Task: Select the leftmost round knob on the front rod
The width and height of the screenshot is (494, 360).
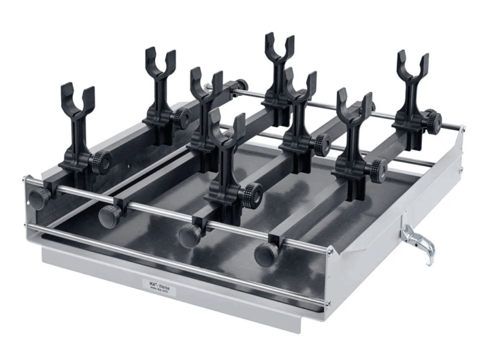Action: tap(39, 199)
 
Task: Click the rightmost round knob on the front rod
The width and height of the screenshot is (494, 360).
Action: tap(266, 254)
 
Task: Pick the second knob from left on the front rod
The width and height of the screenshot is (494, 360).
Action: tap(110, 216)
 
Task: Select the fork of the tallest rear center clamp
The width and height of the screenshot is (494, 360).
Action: tap(279, 48)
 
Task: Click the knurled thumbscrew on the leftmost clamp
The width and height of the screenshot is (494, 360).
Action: tap(101, 159)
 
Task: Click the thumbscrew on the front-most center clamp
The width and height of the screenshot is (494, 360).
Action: tap(252, 192)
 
